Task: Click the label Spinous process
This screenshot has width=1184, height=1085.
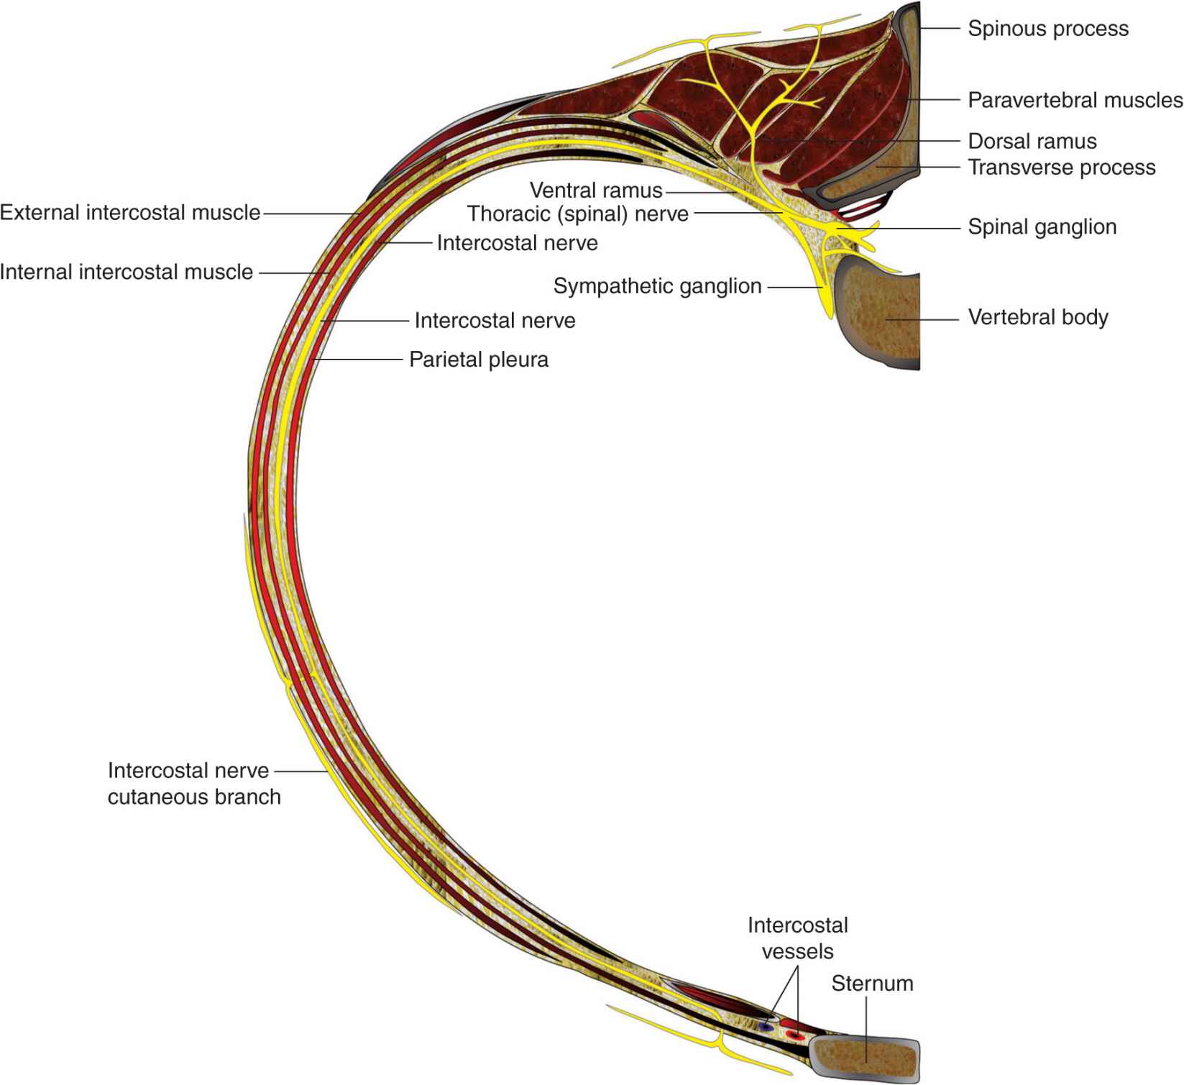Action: (1047, 29)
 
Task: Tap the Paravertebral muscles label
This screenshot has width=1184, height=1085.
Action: (1075, 100)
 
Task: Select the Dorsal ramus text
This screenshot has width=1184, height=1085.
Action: (1032, 141)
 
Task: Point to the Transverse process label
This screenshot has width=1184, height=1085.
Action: (1061, 168)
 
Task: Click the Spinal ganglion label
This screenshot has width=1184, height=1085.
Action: (1042, 227)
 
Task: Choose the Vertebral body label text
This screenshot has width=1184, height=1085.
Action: (1037, 317)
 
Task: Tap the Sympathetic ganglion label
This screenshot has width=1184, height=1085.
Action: (657, 286)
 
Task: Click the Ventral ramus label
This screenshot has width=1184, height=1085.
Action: (596, 191)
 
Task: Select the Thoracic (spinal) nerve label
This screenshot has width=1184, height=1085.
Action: (578, 214)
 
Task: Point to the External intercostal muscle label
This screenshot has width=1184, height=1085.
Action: (130, 213)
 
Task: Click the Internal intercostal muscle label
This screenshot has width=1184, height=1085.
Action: (127, 273)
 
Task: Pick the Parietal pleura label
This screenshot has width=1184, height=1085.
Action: (479, 360)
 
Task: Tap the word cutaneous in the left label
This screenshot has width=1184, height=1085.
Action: (153, 797)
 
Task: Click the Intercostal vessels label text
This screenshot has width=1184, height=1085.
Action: (798, 938)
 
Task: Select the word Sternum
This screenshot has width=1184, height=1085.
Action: (872, 984)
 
